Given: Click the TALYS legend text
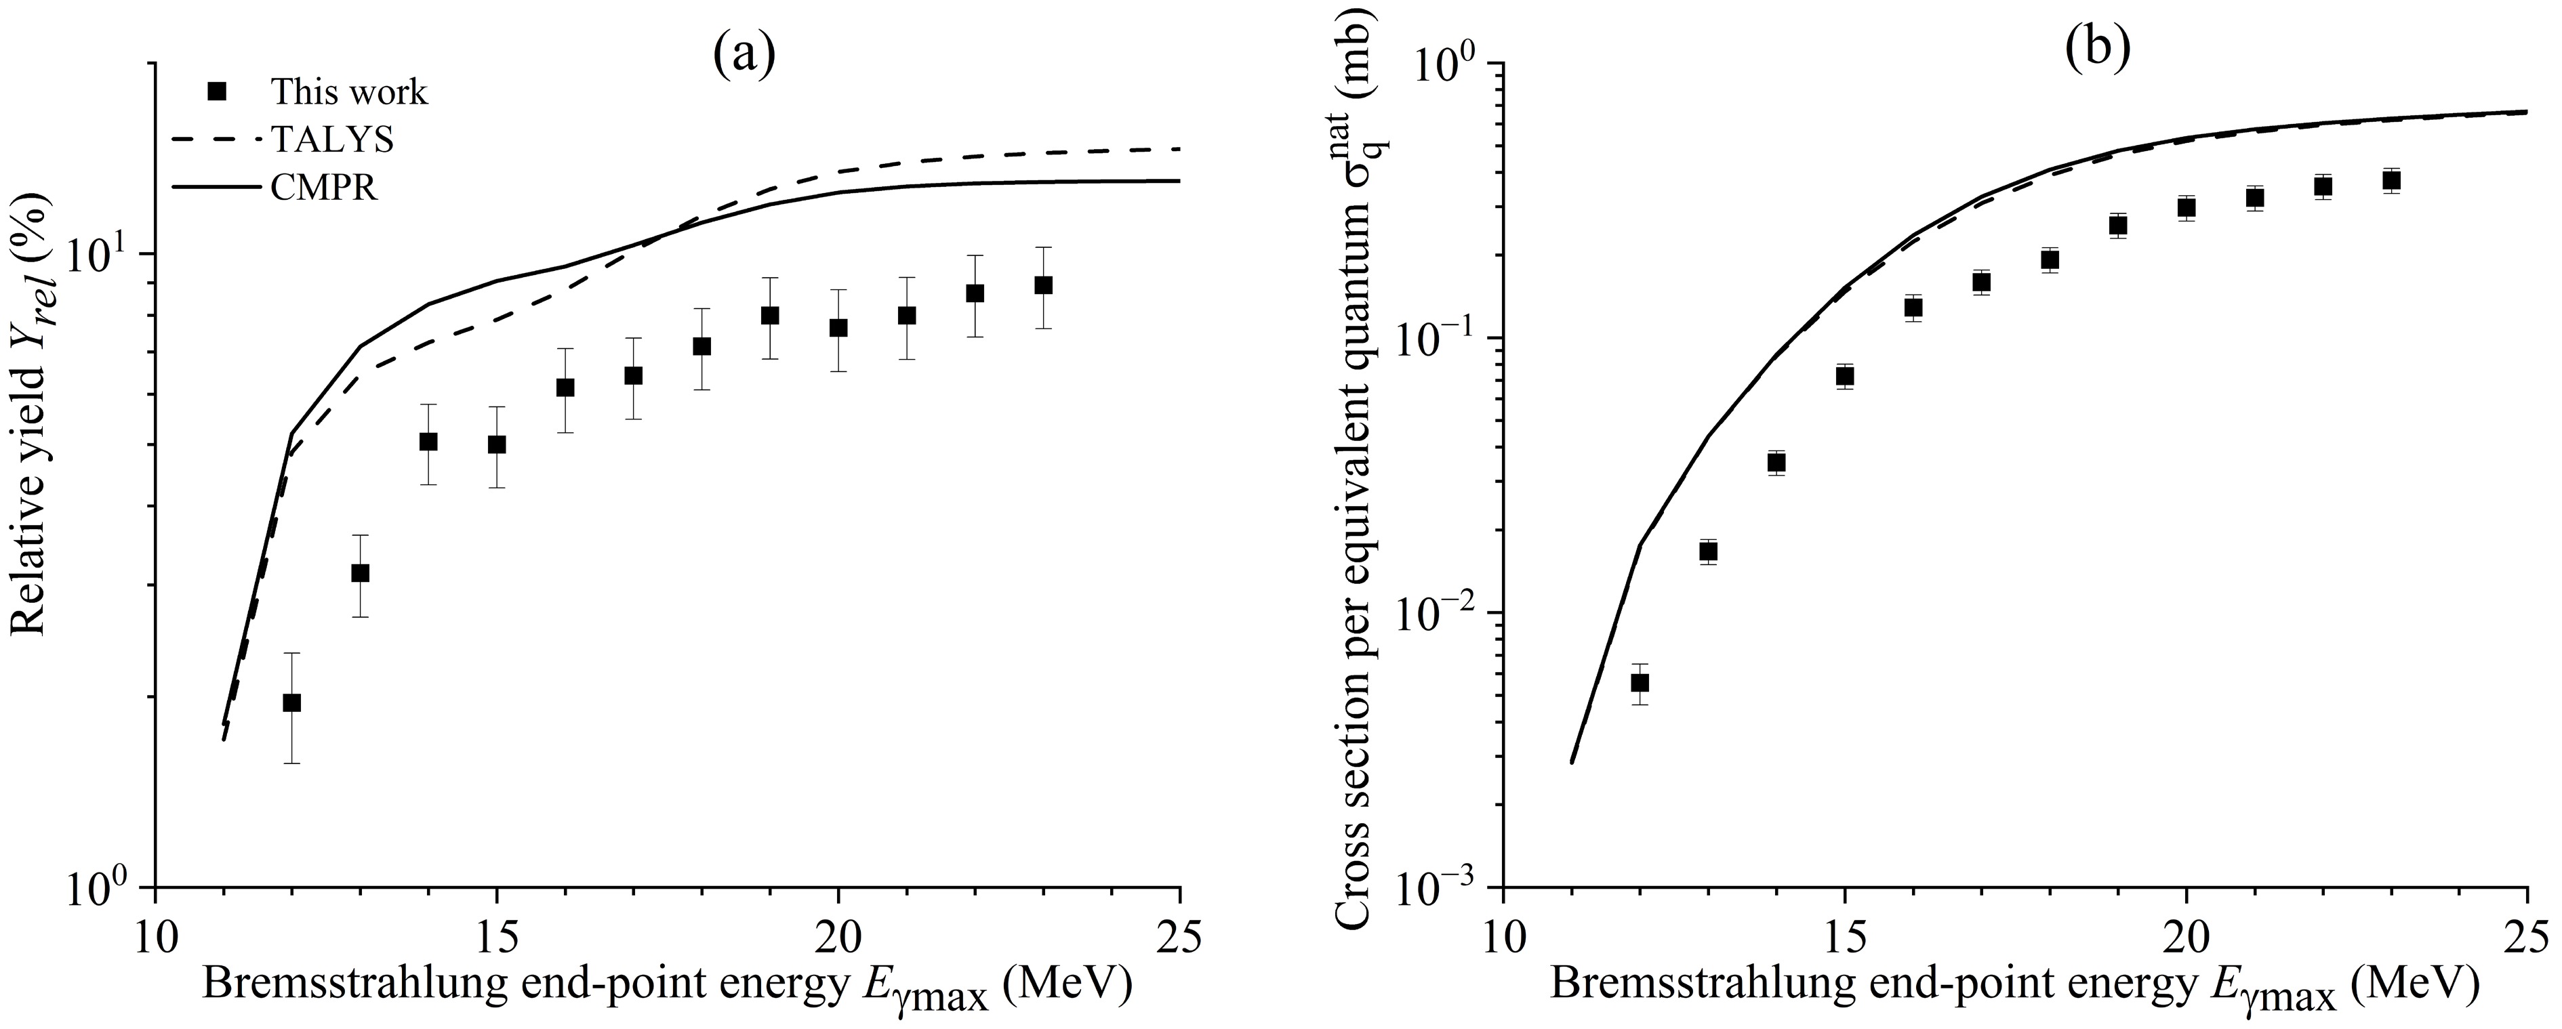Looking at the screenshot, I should (331, 140).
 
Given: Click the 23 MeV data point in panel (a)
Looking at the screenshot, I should (1043, 285).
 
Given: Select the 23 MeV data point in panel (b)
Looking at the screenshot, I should (2392, 180).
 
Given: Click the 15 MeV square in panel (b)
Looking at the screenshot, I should (1845, 376).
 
